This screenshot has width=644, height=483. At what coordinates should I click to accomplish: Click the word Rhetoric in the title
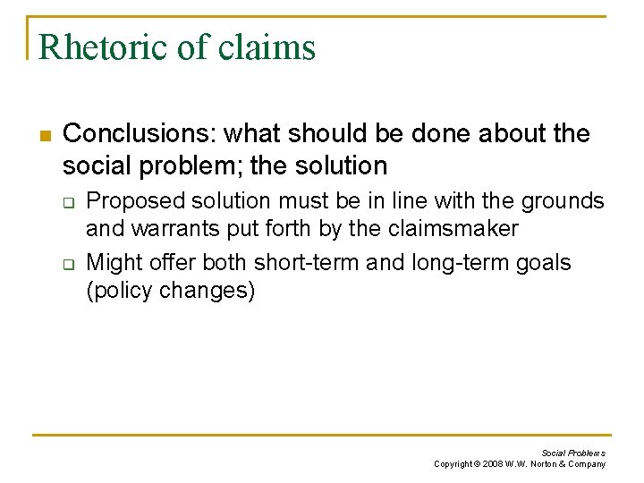(99, 47)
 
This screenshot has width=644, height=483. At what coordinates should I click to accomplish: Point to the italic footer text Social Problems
(572, 453)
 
